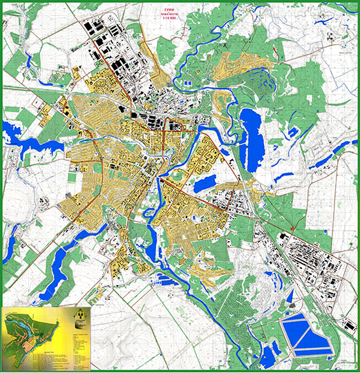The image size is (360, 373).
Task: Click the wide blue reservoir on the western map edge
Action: point(12,130)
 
